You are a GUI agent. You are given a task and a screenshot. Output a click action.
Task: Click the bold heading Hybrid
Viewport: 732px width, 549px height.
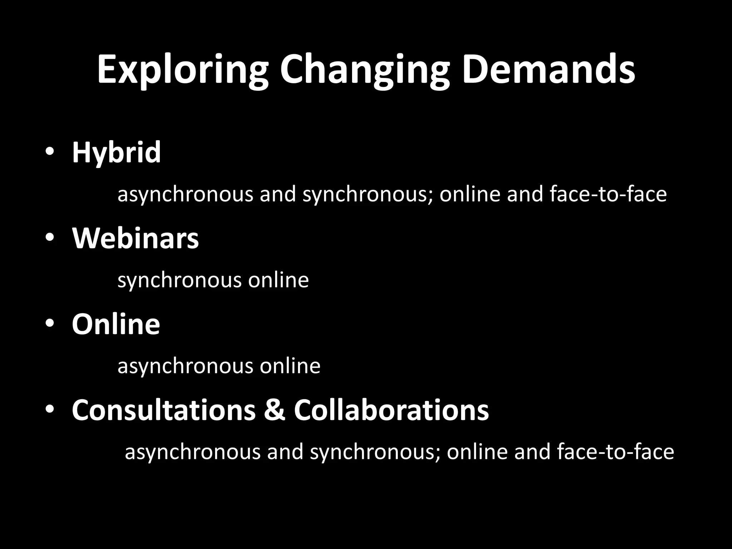pyautogui.click(x=116, y=153)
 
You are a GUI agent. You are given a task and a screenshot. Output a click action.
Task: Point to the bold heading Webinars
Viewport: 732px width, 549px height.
pyautogui.click(x=135, y=238)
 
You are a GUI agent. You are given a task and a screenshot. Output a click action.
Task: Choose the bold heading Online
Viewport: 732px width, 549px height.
pyautogui.click(x=116, y=324)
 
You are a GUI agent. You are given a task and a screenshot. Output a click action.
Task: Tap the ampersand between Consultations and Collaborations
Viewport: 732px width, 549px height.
pyautogui.click(x=275, y=410)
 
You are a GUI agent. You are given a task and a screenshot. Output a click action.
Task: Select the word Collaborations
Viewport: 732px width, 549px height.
pyautogui.click(x=391, y=410)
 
